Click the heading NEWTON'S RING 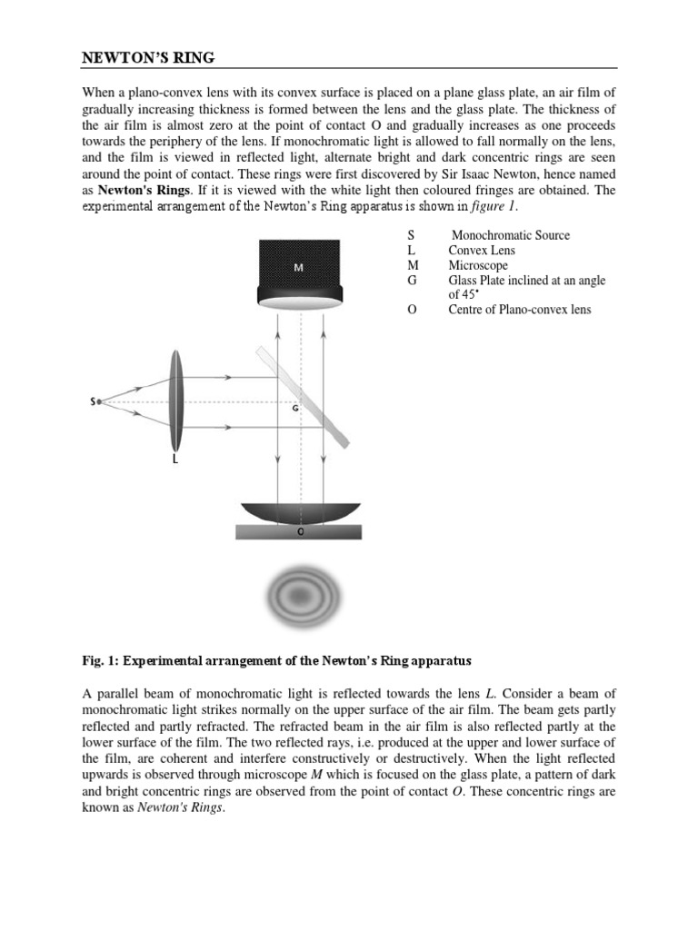[x=148, y=59]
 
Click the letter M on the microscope [x=299, y=268]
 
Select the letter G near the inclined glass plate [x=295, y=409]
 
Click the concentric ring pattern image [x=299, y=596]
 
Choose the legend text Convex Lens [x=481, y=251]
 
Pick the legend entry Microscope [x=478, y=265]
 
